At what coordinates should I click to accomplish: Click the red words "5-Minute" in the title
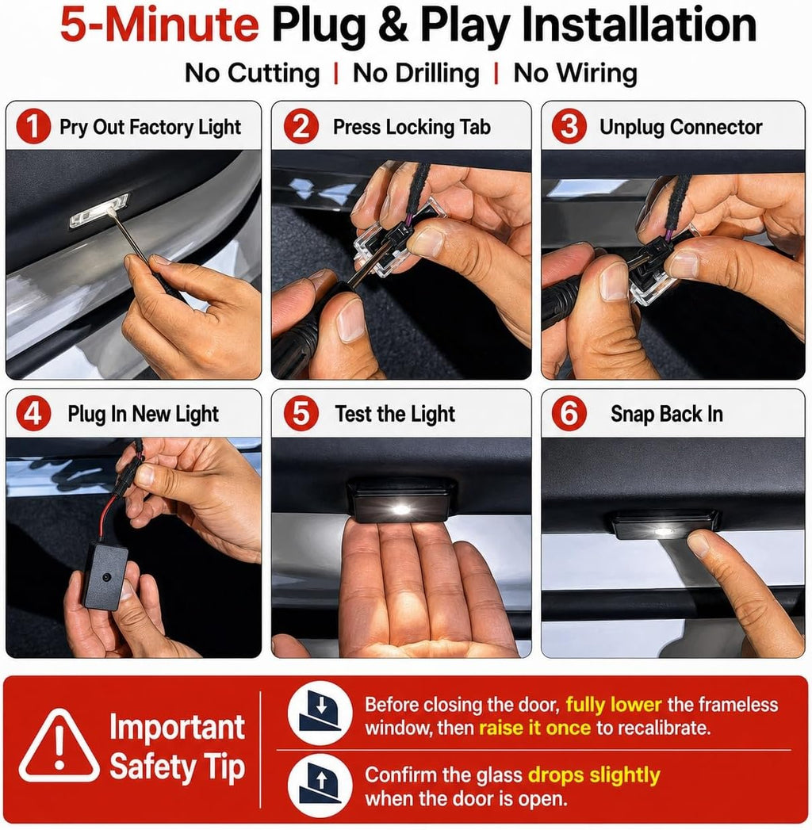159,25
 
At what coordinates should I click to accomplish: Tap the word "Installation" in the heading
639,25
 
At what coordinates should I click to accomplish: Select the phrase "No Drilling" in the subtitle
416,73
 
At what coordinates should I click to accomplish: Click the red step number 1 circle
33,127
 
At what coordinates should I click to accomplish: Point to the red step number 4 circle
33,413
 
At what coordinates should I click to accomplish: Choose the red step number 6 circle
569,413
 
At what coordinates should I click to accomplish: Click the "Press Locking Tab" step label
412,127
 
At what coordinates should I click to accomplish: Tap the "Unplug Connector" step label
680,127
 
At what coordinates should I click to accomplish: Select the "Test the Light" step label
395,414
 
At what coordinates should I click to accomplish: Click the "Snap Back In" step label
666,414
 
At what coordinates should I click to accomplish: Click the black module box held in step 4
105,576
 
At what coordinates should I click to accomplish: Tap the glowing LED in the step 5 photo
401,510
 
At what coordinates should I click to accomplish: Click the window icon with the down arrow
320,713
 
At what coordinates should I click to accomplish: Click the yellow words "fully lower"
614,705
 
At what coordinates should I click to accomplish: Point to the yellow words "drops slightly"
594,775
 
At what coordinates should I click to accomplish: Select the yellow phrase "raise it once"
534,728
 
